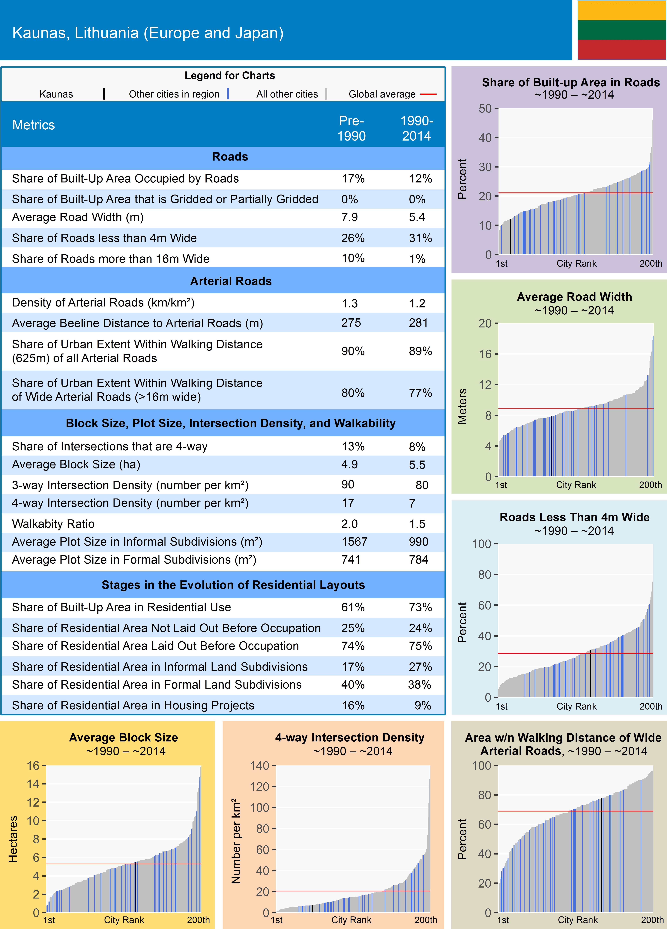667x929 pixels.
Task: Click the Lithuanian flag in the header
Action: [x=622, y=30]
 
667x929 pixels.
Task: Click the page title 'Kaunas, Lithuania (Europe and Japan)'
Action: [x=148, y=33]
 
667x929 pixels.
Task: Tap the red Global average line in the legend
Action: [x=428, y=94]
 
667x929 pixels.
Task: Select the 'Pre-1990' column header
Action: [x=351, y=128]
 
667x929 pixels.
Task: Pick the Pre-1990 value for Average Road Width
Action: [x=350, y=217]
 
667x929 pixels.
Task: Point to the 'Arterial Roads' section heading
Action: [x=231, y=281]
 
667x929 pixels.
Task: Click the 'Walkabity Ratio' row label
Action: [x=53, y=524]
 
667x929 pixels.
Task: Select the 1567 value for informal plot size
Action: [x=354, y=542]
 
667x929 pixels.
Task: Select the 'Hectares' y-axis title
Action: [x=13, y=839]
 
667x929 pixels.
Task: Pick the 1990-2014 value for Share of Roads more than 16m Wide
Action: [x=417, y=259]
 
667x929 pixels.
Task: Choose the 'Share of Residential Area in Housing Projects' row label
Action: [x=133, y=705]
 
